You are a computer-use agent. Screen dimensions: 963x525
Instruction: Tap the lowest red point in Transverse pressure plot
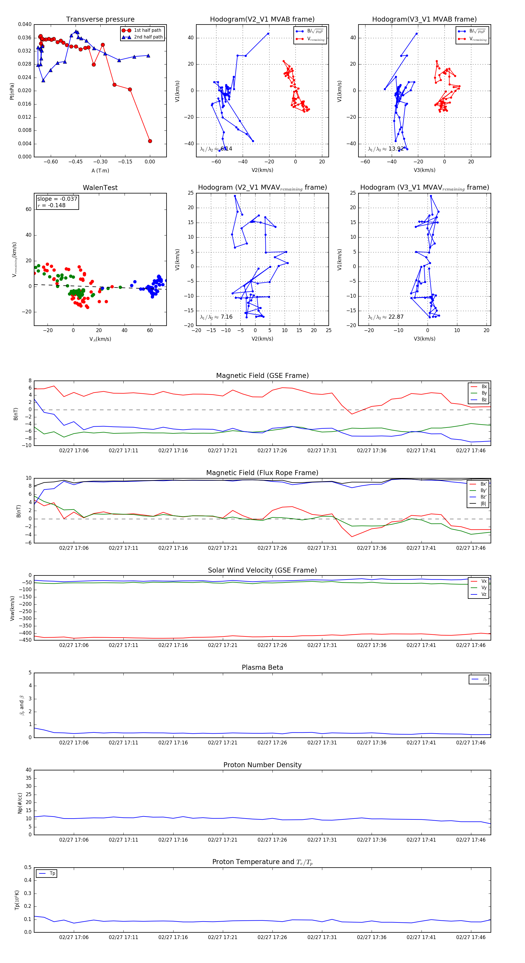(x=150, y=141)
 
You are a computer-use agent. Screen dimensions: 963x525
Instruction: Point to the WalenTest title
(x=100, y=188)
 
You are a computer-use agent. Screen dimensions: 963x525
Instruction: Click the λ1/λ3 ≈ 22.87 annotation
(x=386, y=317)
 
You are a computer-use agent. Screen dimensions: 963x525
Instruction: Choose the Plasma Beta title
(x=262, y=667)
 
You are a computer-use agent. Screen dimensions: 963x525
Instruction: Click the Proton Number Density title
(x=262, y=765)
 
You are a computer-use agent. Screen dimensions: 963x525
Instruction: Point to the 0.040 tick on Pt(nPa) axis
(x=25, y=24)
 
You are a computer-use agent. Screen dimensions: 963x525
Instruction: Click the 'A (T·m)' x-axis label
(x=100, y=170)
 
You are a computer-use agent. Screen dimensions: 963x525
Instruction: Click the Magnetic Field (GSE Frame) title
(x=262, y=376)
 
